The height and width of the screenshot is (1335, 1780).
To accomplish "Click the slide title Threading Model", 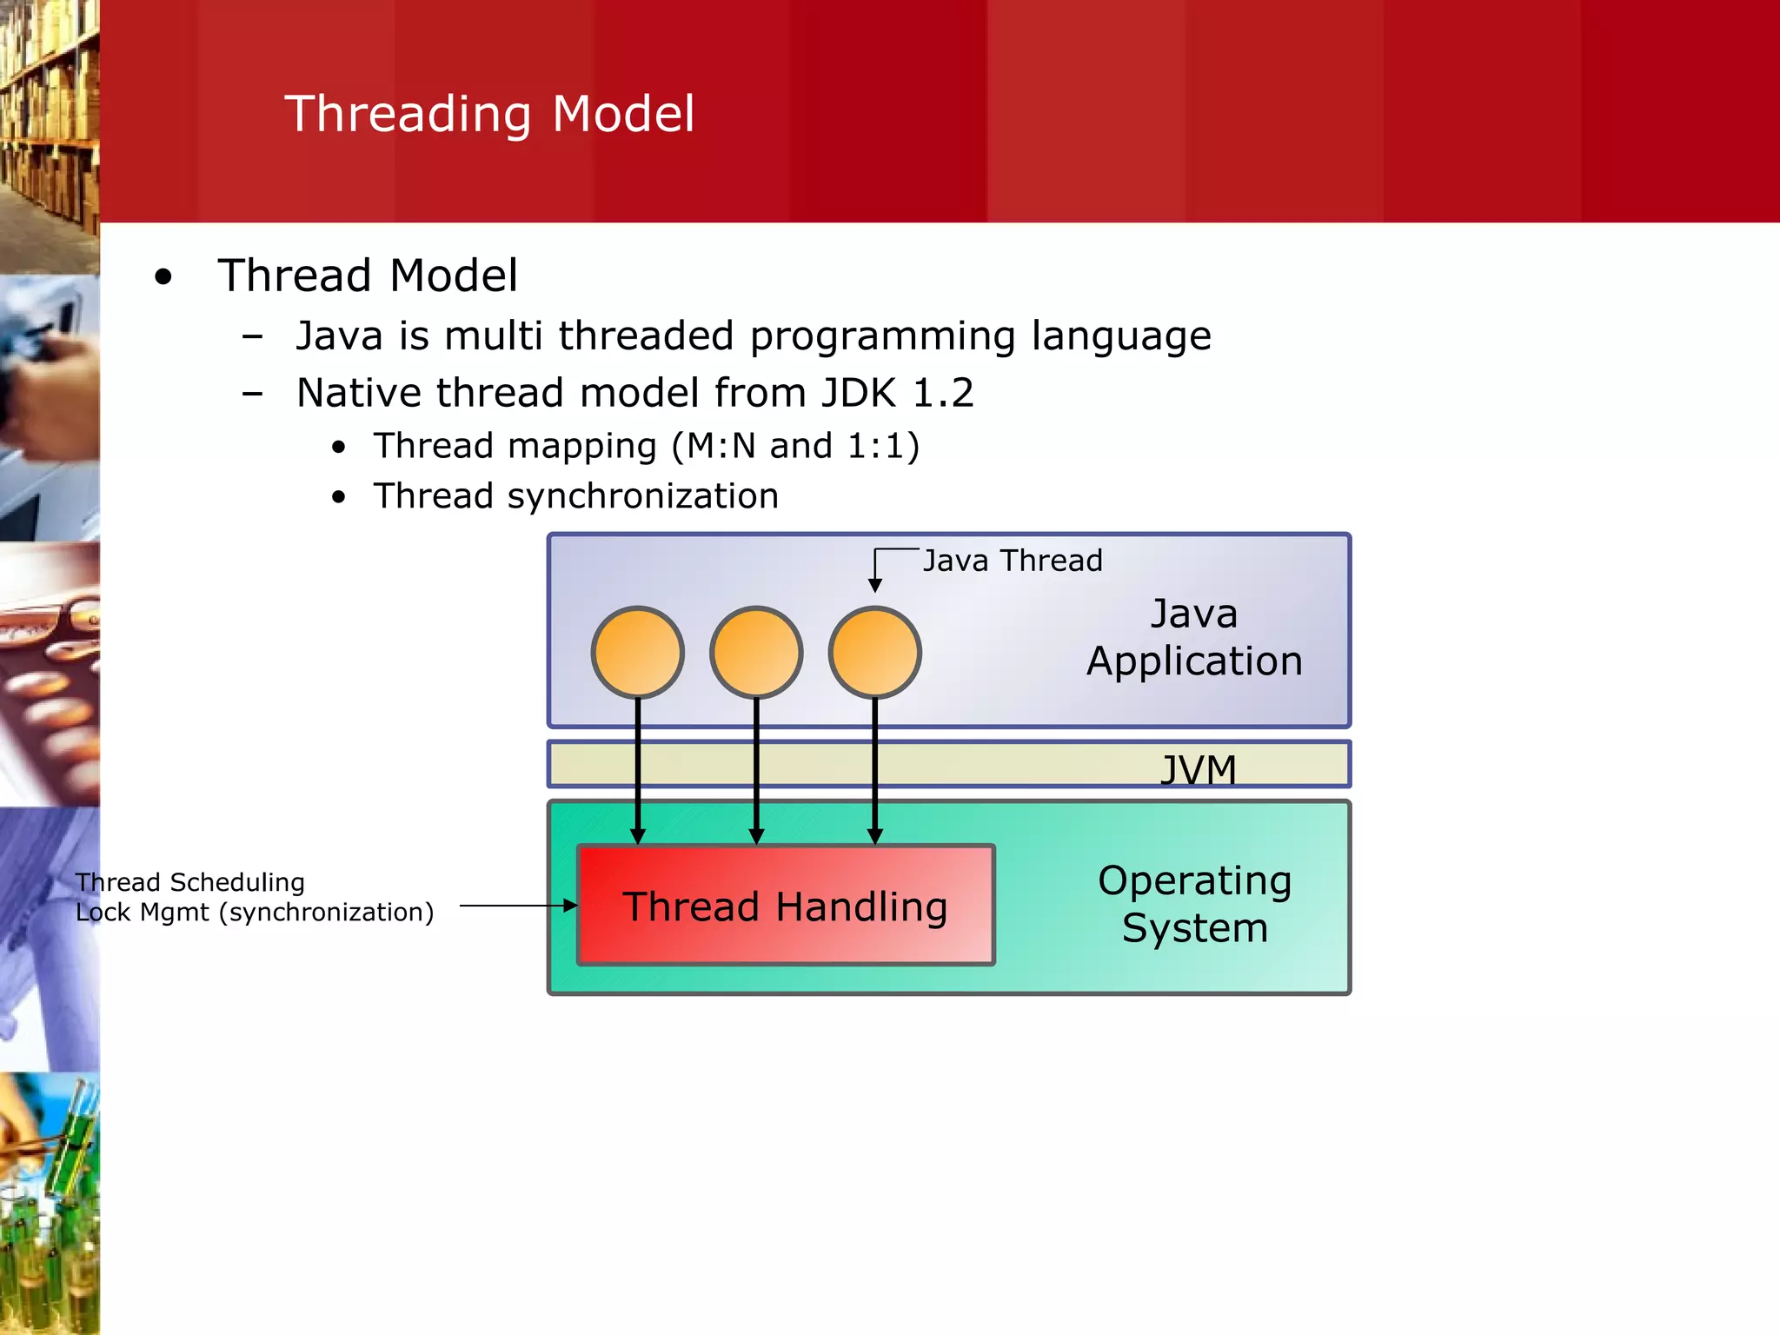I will pyautogui.click(x=489, y=114).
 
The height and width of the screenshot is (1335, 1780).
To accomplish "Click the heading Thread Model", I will pyautogui.click(x=367, y=276).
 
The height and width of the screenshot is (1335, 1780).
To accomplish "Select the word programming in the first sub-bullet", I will pyautogui.click(x=882, y=336).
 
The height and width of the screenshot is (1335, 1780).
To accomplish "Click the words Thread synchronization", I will pyautogui.click(x=575, y=496).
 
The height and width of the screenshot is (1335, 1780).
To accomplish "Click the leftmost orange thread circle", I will pyautogui.click(x=638, y=652).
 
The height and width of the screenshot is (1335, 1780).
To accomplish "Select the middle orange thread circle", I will pyautogui.click(x=756, y=652).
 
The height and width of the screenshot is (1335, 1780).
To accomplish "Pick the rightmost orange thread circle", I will pyautogui.click(x=874, y=652).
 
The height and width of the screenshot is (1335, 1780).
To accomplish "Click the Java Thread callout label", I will pyautogui.click(x=1012, y=561).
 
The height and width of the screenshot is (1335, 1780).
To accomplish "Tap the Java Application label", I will pyautogui.click(x=1194, y=637).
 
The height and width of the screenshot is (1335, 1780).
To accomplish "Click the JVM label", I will pyautogui.click(x=1198, y=769).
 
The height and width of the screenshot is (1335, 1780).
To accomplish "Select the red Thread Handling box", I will pyautogui.click(x=785, y=906).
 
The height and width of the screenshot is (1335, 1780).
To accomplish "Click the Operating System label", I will pyautogui.click(x=1194, y=904).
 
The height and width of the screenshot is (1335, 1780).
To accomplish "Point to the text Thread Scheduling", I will pyautogui.click(x=189, y=882).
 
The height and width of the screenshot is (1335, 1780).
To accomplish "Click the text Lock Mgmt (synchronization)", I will pyautogui.click(x=254, y=913).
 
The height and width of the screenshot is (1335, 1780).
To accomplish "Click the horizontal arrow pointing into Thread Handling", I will pyautogui.click(x=517, y=906).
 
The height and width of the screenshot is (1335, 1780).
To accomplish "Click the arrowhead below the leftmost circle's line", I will pyautogui.click(x=638, y=836).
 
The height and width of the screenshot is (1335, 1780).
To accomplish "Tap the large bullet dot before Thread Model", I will pyautogui.click(x=163, y=278).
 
